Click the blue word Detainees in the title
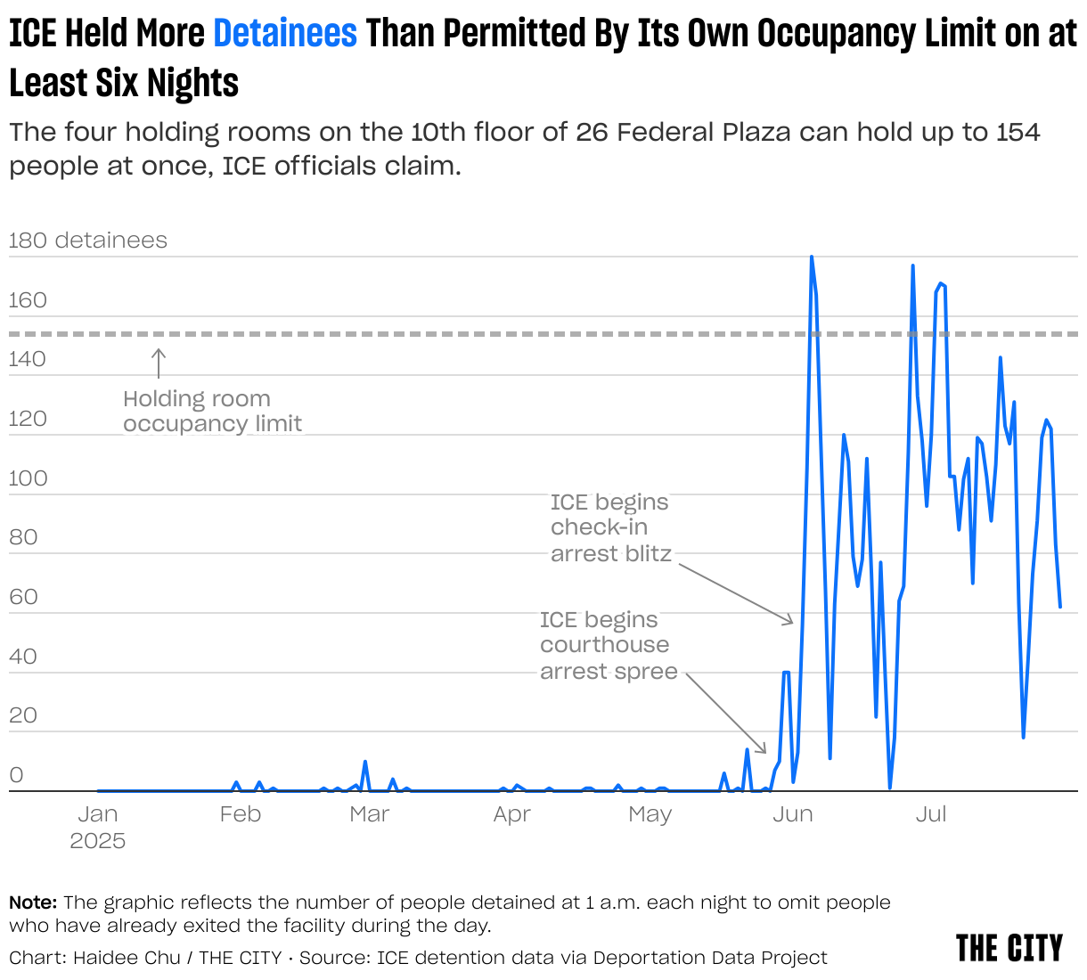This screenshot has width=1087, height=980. coord(285,34)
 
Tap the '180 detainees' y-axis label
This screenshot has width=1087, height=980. coord(87,241)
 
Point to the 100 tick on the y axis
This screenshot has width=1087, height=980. coord(28,478)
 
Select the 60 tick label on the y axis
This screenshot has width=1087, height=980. coord(23,597)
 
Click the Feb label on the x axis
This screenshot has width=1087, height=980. coord(240,814)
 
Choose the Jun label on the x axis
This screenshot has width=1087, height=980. coord(792,814)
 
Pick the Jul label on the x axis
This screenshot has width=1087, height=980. coord(931,814)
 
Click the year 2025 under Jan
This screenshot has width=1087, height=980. coord(97,841)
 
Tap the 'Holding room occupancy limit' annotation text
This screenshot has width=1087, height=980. coord(212,411)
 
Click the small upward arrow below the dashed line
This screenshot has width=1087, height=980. coord(159,363)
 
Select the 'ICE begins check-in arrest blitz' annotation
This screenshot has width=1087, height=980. coord(610,527)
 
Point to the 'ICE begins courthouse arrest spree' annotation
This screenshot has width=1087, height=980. coord(608,645)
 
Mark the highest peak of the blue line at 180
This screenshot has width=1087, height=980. coord(811,257)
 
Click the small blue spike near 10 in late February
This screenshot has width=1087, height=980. coord(365,763)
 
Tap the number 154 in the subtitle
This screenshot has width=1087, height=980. coord(1018,133)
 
